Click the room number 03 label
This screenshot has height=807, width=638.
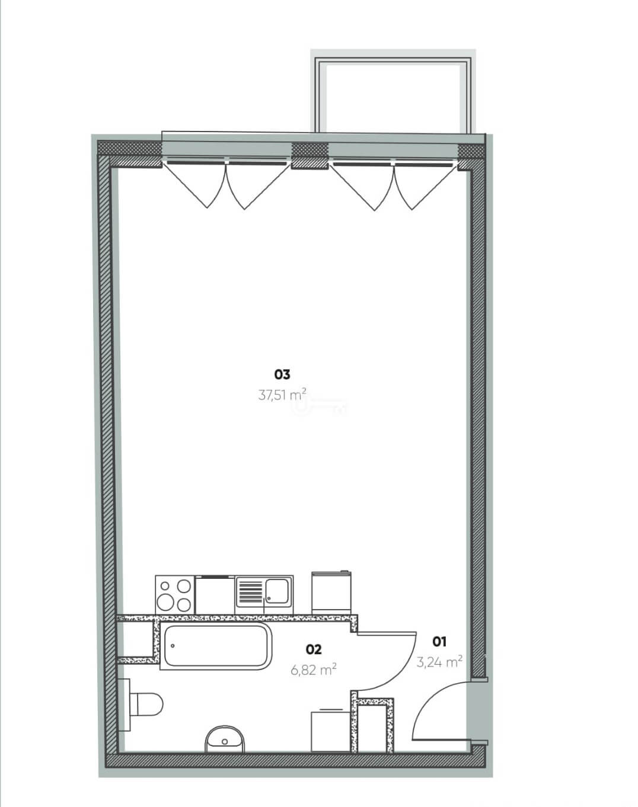tap(282, 374)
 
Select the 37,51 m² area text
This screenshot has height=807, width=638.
tap(282, 395)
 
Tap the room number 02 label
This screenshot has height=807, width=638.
tap(314, 649)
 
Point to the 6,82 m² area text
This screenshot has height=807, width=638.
tap(314, 670)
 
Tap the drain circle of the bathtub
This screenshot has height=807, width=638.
tap(173, 646)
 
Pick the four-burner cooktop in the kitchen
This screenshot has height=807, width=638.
tap(175, 595)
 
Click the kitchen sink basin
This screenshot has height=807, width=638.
tap(277, 591)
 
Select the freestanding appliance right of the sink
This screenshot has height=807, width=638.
tap(331, 593)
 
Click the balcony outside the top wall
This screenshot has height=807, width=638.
tap(392, 95)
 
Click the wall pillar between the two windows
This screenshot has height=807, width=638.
tap(310, 156)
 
